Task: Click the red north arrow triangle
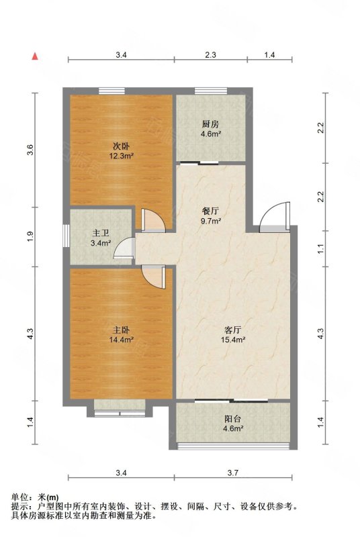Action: click(35, 56)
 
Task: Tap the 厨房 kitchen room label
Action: click(210, 124)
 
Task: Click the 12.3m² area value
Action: click(122, 156)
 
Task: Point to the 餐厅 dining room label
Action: click(210, 211)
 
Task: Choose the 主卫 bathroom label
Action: click(100, 234)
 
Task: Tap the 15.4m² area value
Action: click(233, 340)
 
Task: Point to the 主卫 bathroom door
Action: click(124, 247)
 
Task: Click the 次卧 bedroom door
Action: click(153, 220)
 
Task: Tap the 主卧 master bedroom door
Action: click(153, 277)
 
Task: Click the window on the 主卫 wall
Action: click(66, 236)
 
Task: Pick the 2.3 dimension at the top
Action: click(210, 55)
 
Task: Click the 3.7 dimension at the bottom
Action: click(233, 473)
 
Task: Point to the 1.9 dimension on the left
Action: click(30, 236)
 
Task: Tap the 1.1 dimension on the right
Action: click(320, 249)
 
